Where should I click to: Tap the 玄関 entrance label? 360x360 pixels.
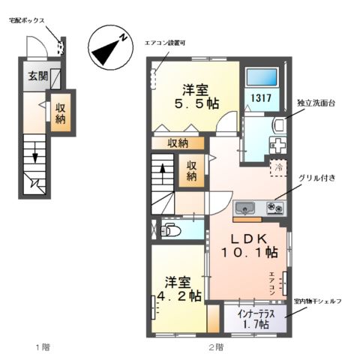pyautogui.click(x=37, y=76)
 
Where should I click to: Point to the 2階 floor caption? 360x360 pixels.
pyautogui.click(x=215, y=347)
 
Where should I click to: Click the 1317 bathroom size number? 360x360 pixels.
pyautogui.click(x=261, y=98)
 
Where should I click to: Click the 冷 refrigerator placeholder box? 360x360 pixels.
pyautogui.click(x=277, y=166)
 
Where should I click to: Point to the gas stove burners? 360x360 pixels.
pyautogui.click(x=274, y=208)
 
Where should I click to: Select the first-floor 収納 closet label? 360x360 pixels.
pyautogui.click(x=61, y=112)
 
